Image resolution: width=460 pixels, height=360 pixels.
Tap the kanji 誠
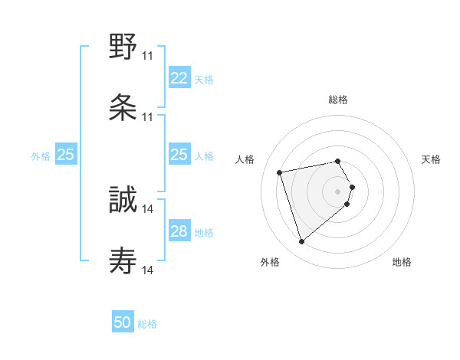point(123,201)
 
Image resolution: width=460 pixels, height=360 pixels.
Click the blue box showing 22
point(179,78)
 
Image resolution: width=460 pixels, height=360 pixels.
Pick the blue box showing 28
point(179,231)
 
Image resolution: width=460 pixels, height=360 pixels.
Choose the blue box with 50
point(123,322)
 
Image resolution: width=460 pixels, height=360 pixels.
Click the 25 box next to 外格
point(66,155)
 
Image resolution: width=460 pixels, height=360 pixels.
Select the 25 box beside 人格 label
point(179,155)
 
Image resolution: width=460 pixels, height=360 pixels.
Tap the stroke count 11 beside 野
point(147,56)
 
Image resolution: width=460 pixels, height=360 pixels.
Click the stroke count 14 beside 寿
point(148,270)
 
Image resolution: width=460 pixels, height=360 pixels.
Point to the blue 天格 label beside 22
point(203,79)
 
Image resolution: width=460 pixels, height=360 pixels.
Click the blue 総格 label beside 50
point(147,324)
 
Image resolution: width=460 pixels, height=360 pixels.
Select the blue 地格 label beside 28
point(203,232)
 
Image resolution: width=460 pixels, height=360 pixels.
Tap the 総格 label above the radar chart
point(338,100)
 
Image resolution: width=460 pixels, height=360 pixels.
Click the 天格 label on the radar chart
point(431,159)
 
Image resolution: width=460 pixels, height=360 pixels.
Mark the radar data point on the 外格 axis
point(301,242)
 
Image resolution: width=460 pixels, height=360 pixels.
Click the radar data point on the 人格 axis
point(280,172)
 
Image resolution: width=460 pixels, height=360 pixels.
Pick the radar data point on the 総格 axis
point(338,161)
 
